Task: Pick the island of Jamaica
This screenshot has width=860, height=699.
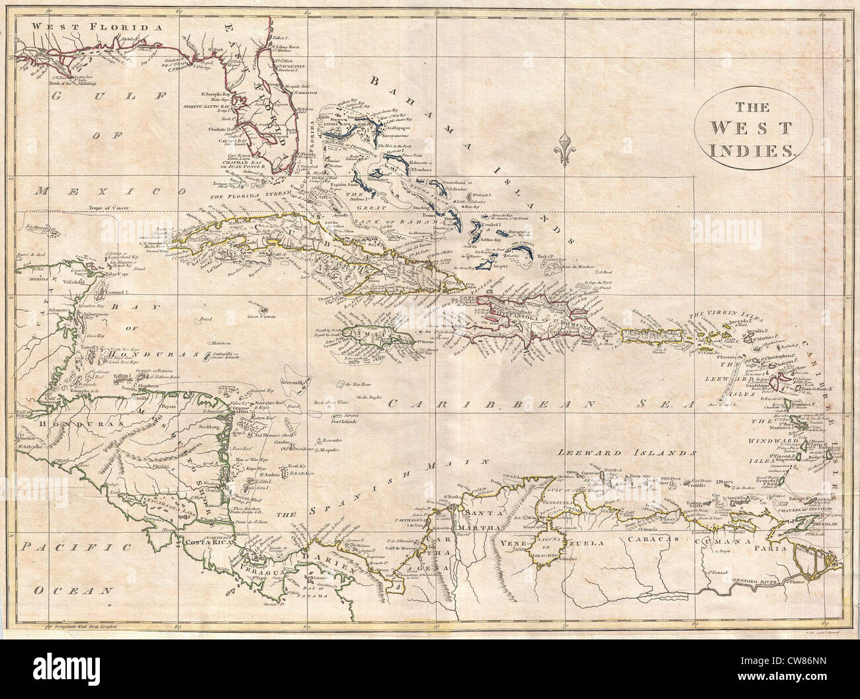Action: click(373, 337)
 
